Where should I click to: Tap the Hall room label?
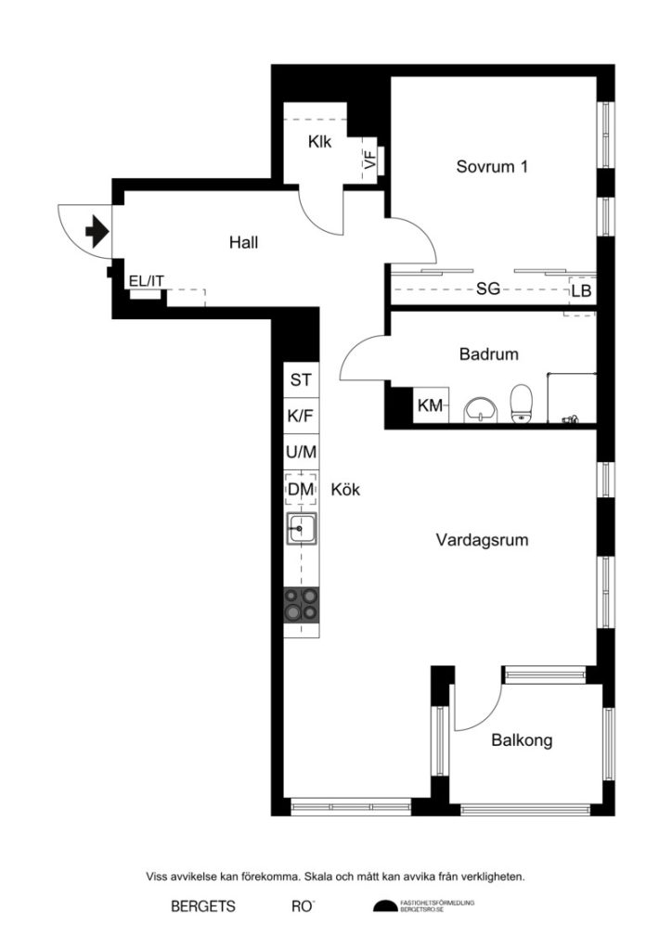click(x=243, y=243)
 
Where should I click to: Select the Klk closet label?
click(x=320, y=143)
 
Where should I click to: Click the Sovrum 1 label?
click(x=492, y=167)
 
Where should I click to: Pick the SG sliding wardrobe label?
click(x=488, y=289)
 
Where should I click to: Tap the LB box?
click(x=581, y=290)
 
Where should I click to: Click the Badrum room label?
click(x=488, y=353)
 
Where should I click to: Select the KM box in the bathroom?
click(x=430, y=405)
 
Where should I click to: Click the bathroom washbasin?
click(x=480, y=407)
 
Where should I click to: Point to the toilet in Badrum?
click(x=522, y=403)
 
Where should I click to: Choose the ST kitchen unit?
click(x=301, y=379)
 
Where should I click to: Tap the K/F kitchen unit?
click(x=301, y=417)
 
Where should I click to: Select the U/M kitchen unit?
click(x=301, y=453)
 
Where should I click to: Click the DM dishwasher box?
click(x=301, y=489)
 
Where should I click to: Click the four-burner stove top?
click(x=301, y=606)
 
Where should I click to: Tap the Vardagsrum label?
click(x=482, y=539)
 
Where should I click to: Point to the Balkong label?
click(x=522, y=740)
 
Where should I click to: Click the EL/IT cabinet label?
click(x=147, y=281)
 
